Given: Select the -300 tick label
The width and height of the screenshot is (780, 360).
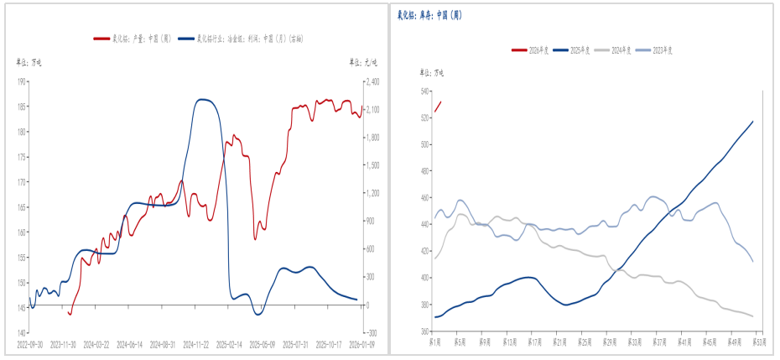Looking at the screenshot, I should [370, 333].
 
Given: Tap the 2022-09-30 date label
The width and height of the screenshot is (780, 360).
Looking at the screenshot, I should [29, 343].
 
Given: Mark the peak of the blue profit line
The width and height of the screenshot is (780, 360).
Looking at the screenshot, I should [202, 99].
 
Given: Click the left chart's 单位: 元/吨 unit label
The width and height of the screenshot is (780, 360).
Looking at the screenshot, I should [363, 62].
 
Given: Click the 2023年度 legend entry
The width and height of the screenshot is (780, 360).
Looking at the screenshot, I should [659, 50].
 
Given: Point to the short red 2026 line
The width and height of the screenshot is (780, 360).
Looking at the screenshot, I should [437, 107].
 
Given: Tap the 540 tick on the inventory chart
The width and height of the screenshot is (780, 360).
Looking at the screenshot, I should [424, 91].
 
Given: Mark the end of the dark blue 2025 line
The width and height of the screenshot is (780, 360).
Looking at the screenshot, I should [752, 122].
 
